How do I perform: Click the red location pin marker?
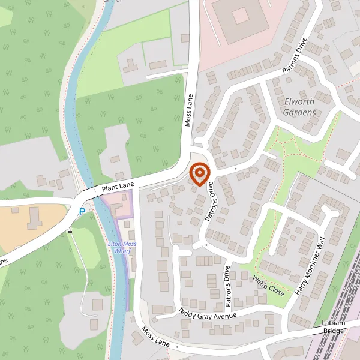pyautogui.click(x=199, y=174)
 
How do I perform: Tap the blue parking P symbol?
pyautogui.click(x=82, y=211)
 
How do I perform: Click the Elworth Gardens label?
pyautogui.click(x=300, y=107)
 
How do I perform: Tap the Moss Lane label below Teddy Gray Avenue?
pyautogui.click(x=156, y=339)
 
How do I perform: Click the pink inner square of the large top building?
pyautogui.click(x=240, y=15)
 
